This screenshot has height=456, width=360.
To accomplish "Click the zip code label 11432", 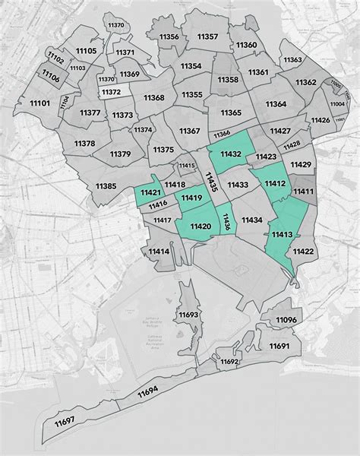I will point(231,154).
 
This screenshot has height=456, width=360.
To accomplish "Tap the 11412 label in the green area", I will point(275,183).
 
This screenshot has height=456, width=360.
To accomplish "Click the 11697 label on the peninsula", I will point(65,421).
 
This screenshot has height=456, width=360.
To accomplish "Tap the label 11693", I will point(188,314).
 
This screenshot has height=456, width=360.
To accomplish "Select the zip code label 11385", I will point(106,186).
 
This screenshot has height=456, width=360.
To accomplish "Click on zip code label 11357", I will point(207,36).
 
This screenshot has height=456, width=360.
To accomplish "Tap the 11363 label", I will point(294,59).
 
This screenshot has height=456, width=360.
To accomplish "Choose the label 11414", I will point(159,252).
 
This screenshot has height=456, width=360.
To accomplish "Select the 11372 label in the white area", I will point(111,92).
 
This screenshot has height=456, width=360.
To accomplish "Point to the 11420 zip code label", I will point(201,226).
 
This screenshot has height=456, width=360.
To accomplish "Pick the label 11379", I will point(120,154).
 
